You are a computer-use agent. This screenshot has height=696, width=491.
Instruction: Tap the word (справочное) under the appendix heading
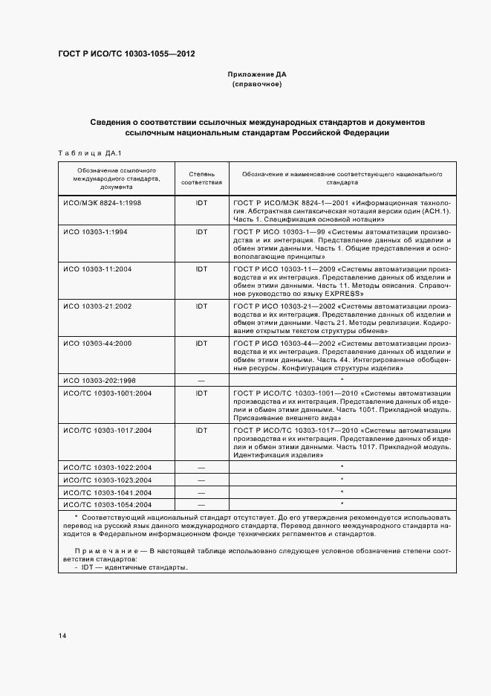pos(256,85)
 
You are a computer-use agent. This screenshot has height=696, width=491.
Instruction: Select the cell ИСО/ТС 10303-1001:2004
pos(108,393)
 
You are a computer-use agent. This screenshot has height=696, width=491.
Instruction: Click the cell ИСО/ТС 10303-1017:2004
pos(108,430)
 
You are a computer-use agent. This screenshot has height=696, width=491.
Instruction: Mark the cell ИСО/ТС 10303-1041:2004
pos(108,492)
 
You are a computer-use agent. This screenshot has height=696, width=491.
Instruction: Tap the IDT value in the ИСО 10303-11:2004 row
pos(201,268)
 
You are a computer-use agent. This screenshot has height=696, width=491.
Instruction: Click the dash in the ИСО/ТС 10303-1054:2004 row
pos(201,504)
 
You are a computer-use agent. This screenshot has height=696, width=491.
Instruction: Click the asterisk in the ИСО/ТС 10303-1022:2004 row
pos(341,467)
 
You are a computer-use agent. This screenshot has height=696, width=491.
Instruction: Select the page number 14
pos(62,636)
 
